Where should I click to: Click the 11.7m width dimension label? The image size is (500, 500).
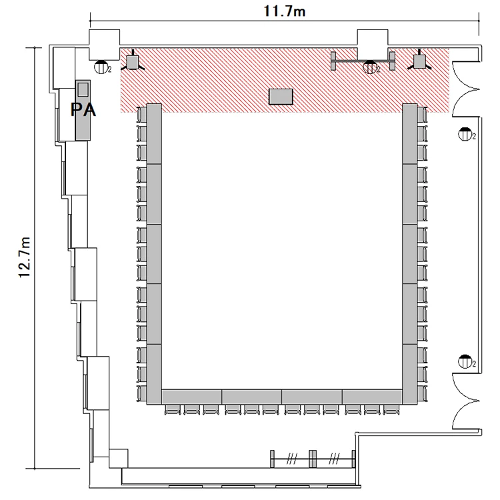(x=285, y=11)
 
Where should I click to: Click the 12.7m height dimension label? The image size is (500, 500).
(x=24, y=257)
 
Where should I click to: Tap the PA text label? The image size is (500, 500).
(x=83, y=110)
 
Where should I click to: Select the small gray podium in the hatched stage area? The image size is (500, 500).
(x=281, y=97)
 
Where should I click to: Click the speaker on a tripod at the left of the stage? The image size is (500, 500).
(x=133, y=62)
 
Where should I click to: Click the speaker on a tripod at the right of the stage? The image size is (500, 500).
(x=419, y=62)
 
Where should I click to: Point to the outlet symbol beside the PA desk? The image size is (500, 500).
(x=101, y=67)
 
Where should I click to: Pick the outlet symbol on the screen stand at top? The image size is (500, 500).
(x=370, y=67)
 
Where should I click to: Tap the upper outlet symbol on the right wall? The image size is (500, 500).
(x=465, y=134)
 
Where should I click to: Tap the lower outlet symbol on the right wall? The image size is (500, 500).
(x=465, y=361)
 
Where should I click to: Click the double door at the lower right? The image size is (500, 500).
(x=465, y=401)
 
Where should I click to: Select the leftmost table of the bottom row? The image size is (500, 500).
(x=191, y=397)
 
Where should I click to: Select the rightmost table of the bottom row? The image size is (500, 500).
(x=372, y=397)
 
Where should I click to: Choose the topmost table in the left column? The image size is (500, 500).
(x=154, y=134)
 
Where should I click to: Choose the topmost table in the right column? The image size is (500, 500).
(x=410, y=134)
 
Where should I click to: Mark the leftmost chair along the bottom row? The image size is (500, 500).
(x=173, y=409)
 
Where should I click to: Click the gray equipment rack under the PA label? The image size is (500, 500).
(x=83, y=110)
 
